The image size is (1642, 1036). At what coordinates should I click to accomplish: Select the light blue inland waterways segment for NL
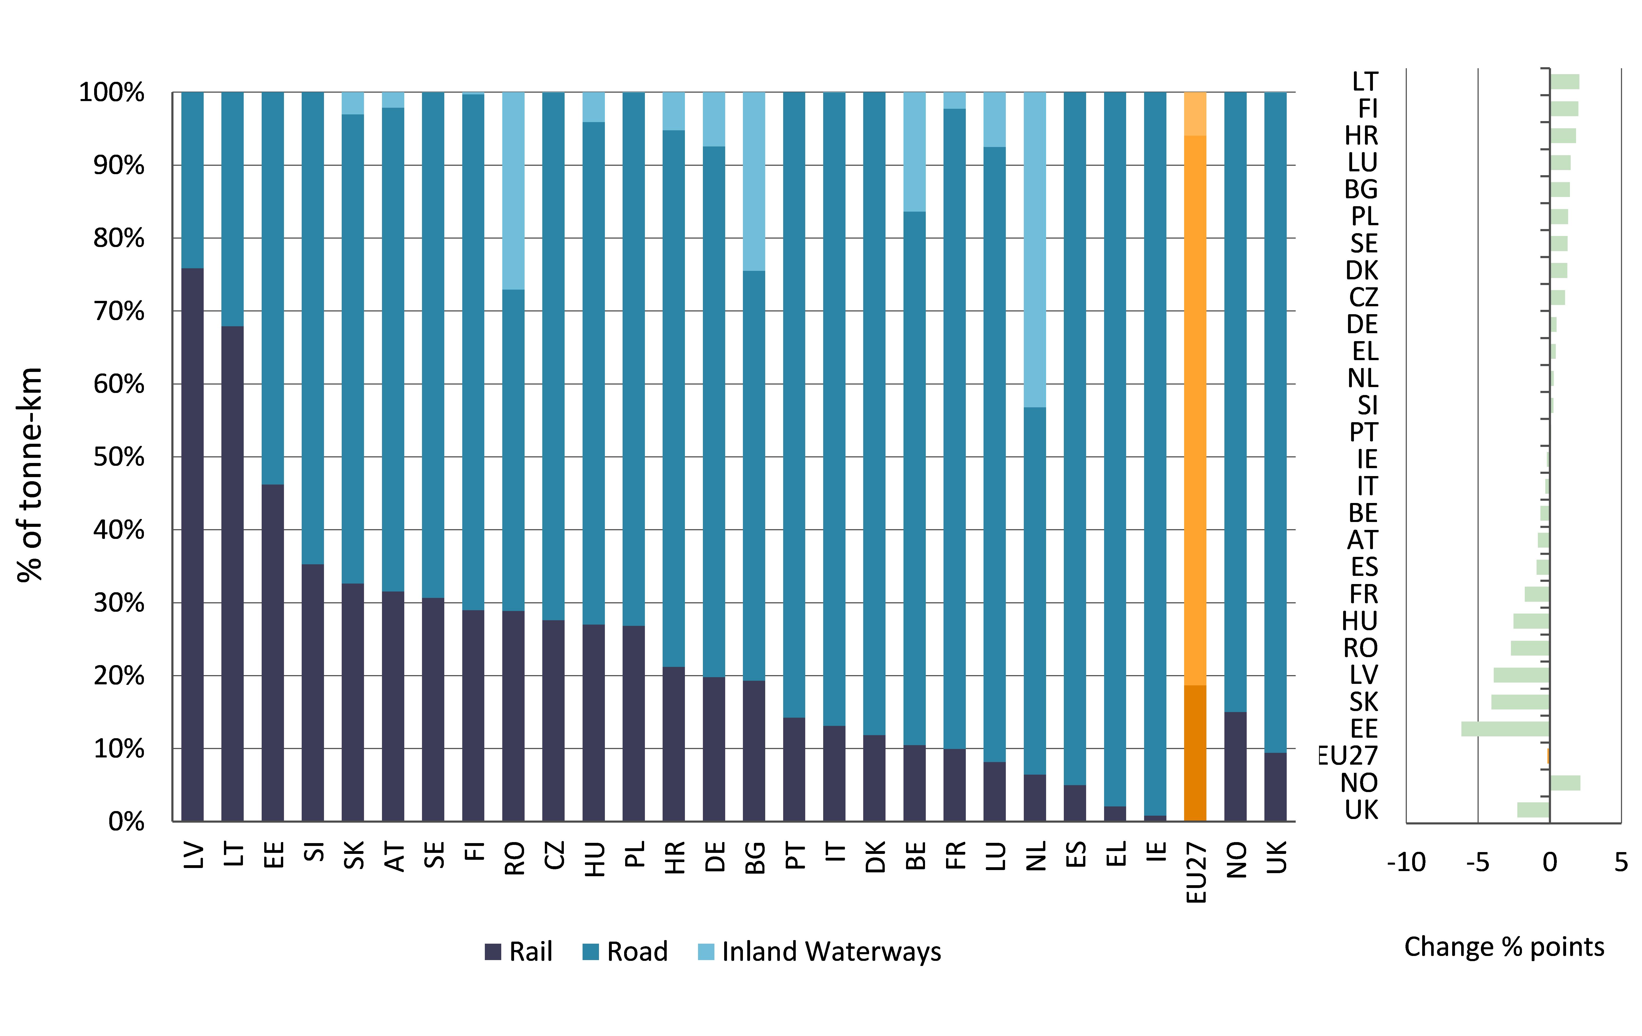[1035, 250]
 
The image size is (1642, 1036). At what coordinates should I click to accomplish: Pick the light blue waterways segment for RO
[514, 191]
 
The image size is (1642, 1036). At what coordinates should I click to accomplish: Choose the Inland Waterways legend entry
[820, 951]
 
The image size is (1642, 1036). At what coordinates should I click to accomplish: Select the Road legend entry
[625, 951]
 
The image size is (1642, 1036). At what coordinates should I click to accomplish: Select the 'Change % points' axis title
[1503, 947]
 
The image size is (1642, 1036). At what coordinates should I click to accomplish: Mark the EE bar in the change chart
[1505, 728]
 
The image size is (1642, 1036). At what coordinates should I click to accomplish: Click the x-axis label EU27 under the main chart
[1196, 873]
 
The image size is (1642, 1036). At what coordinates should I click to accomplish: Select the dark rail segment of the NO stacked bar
[1235, 767]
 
